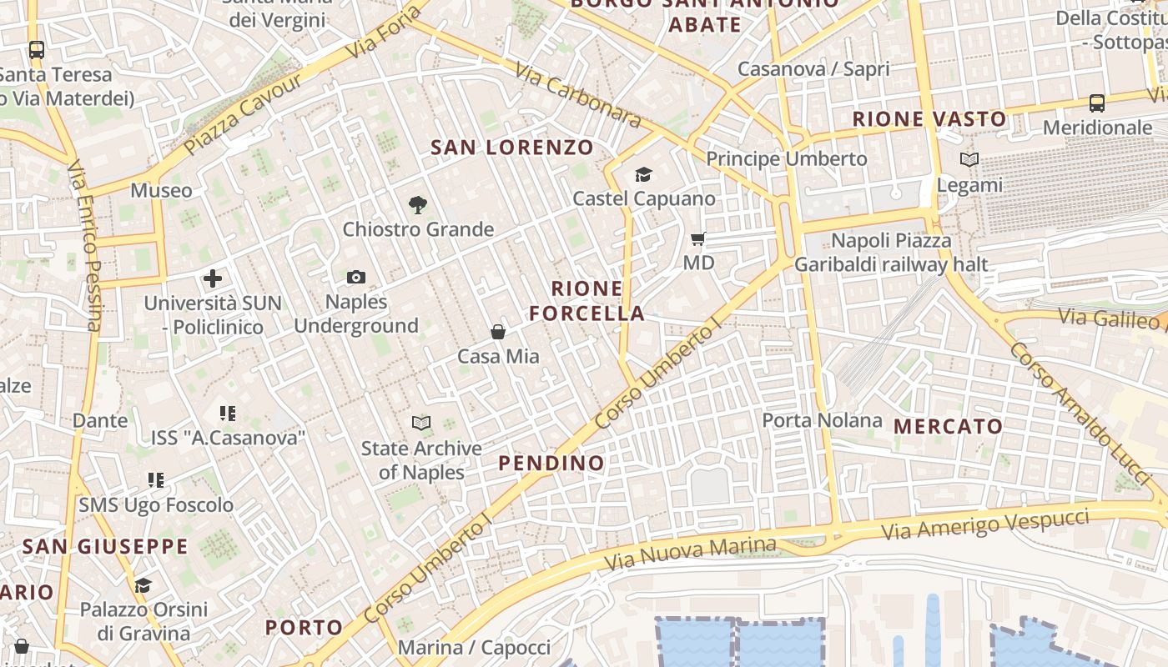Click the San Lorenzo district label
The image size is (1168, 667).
tap(512, 148)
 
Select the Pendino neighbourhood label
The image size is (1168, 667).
tap(551, 463)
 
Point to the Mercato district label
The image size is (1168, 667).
tap(948, 426)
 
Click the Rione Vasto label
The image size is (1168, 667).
tap(929, 119)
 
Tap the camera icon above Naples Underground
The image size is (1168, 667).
tap(356, 277)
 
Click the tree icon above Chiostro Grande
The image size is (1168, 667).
tap(418, 204)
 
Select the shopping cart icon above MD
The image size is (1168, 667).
tap(698, 239)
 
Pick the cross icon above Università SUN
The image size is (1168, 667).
tap(213, 278)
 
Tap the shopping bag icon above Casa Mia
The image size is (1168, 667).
tap(498, 332)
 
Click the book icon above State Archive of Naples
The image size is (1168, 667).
tap(421, 424)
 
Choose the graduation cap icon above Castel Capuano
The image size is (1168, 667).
tap(643, 174)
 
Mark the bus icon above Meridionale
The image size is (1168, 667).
tap(1097, 103)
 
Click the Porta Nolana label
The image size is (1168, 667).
tap(822, 420)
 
